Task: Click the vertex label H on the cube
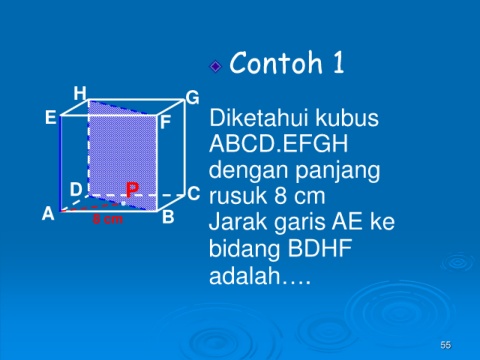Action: pos(80,93)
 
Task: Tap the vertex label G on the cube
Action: pos(193,98)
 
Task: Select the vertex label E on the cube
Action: pos(51,117)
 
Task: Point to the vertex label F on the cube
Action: pos(166,122)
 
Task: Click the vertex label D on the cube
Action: pos(76,189)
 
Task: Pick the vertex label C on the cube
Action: pos(194,193)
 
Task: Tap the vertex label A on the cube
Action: pos(48,213)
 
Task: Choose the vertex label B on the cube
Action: pos(168,217)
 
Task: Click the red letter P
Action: pos(132,190)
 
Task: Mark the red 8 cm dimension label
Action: pos(108,219)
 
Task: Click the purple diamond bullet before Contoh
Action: pos(216,66)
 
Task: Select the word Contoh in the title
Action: pos(276,63)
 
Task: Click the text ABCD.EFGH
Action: pos(279,144)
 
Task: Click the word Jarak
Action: pos(238,222)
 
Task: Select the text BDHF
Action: pos(320,248)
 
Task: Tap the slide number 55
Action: pos(445,345)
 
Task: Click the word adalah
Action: pos(245,275)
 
